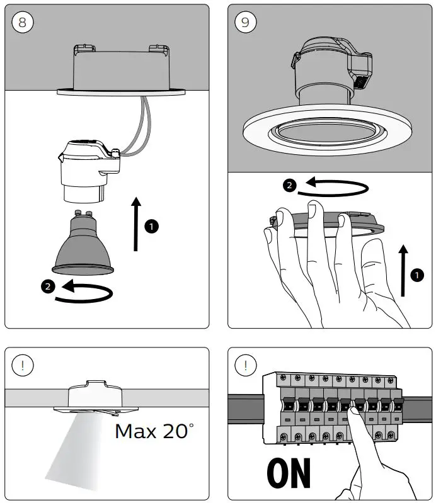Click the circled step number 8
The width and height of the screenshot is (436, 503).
point(23,22)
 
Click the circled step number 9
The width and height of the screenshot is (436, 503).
point(246,22)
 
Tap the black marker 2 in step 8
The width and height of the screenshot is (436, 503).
point(47,286)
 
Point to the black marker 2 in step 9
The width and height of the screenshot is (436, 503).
point(289,185)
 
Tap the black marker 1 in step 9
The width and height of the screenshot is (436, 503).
point(416,274)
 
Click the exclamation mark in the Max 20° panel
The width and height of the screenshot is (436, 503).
point(23,366)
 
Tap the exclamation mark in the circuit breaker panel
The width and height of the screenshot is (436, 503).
point(246,366)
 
